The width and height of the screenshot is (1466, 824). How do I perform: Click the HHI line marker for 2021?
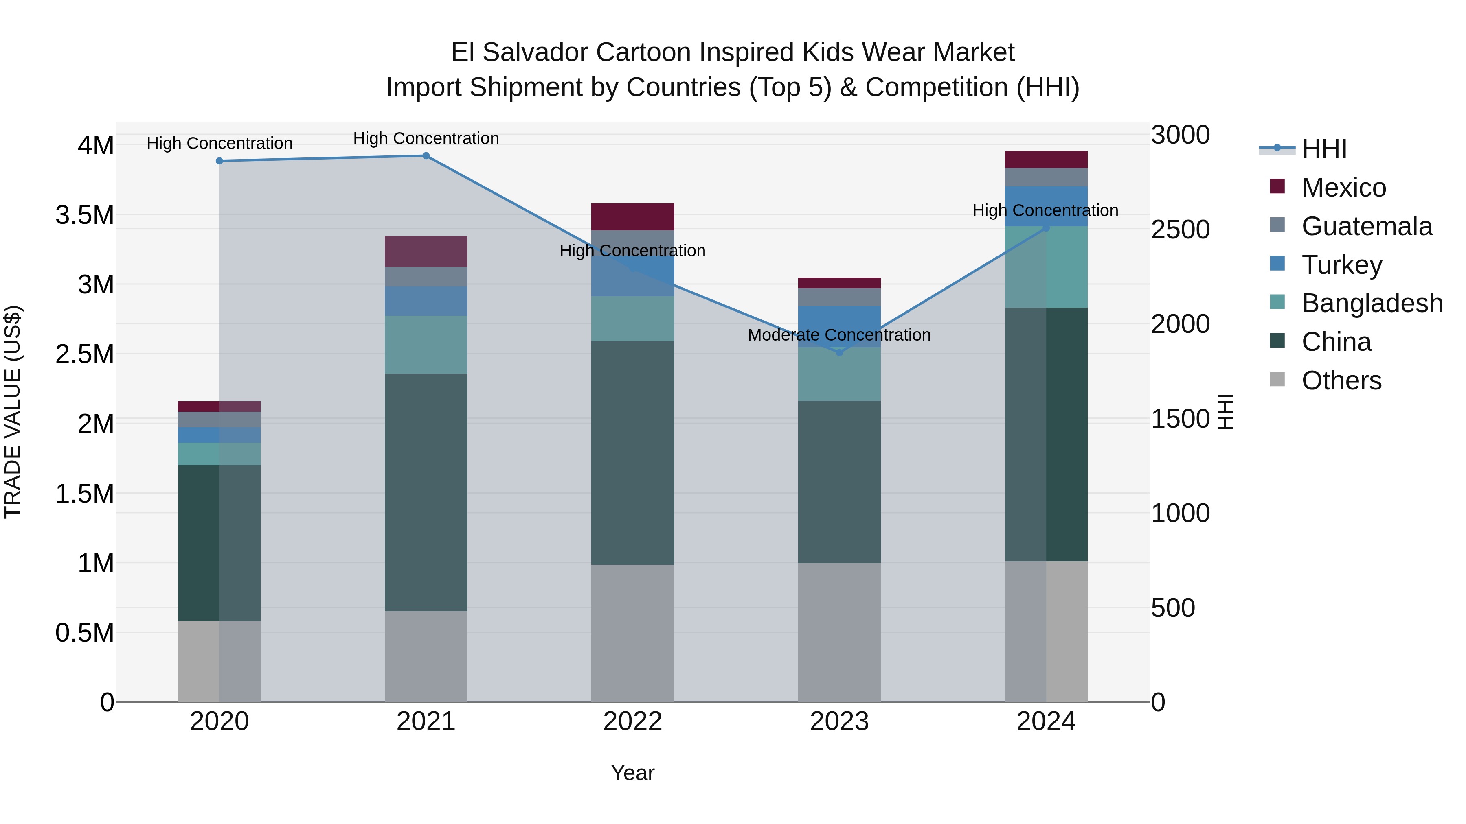click(426, 156)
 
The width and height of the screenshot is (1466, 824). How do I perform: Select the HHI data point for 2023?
click(839, 352)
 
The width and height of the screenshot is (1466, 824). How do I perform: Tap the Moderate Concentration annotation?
click(839, 335)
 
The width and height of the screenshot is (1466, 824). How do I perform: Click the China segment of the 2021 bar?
click(426, 492)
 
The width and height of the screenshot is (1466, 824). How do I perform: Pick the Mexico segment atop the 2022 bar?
click(632, 216)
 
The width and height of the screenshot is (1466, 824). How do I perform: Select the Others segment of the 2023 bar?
click(839, 632)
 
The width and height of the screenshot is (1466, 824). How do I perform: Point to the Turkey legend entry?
click(1341, 265)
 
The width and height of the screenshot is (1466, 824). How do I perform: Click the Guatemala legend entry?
click(1366, 226)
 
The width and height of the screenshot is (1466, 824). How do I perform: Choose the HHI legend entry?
click(1324, 149)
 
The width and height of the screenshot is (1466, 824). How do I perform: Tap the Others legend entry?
click(1341, 380)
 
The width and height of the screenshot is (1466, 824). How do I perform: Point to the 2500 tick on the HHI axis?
click(1180, 230)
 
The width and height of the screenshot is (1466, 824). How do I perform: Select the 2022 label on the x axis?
click(632, 721)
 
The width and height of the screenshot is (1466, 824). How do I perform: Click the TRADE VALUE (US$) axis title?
click(13, 412)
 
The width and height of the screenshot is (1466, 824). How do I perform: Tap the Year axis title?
click(632, 773)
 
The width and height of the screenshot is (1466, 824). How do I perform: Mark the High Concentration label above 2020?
click(219, 143)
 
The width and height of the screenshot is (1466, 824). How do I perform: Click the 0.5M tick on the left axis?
click(85, 633)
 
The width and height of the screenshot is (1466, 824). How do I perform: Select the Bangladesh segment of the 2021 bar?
click(426, 345)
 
